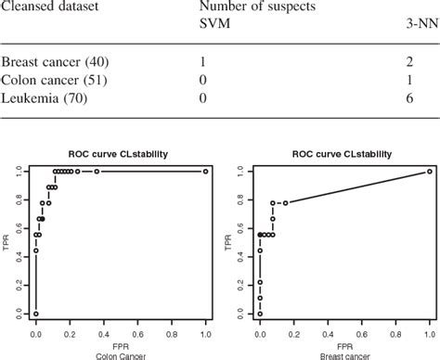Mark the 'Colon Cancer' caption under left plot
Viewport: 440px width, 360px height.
pos(120,354)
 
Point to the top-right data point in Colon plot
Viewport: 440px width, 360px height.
pos(205,172)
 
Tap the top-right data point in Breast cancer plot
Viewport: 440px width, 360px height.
pos(429,172)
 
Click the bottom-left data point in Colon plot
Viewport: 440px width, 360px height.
pos(35,314)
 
